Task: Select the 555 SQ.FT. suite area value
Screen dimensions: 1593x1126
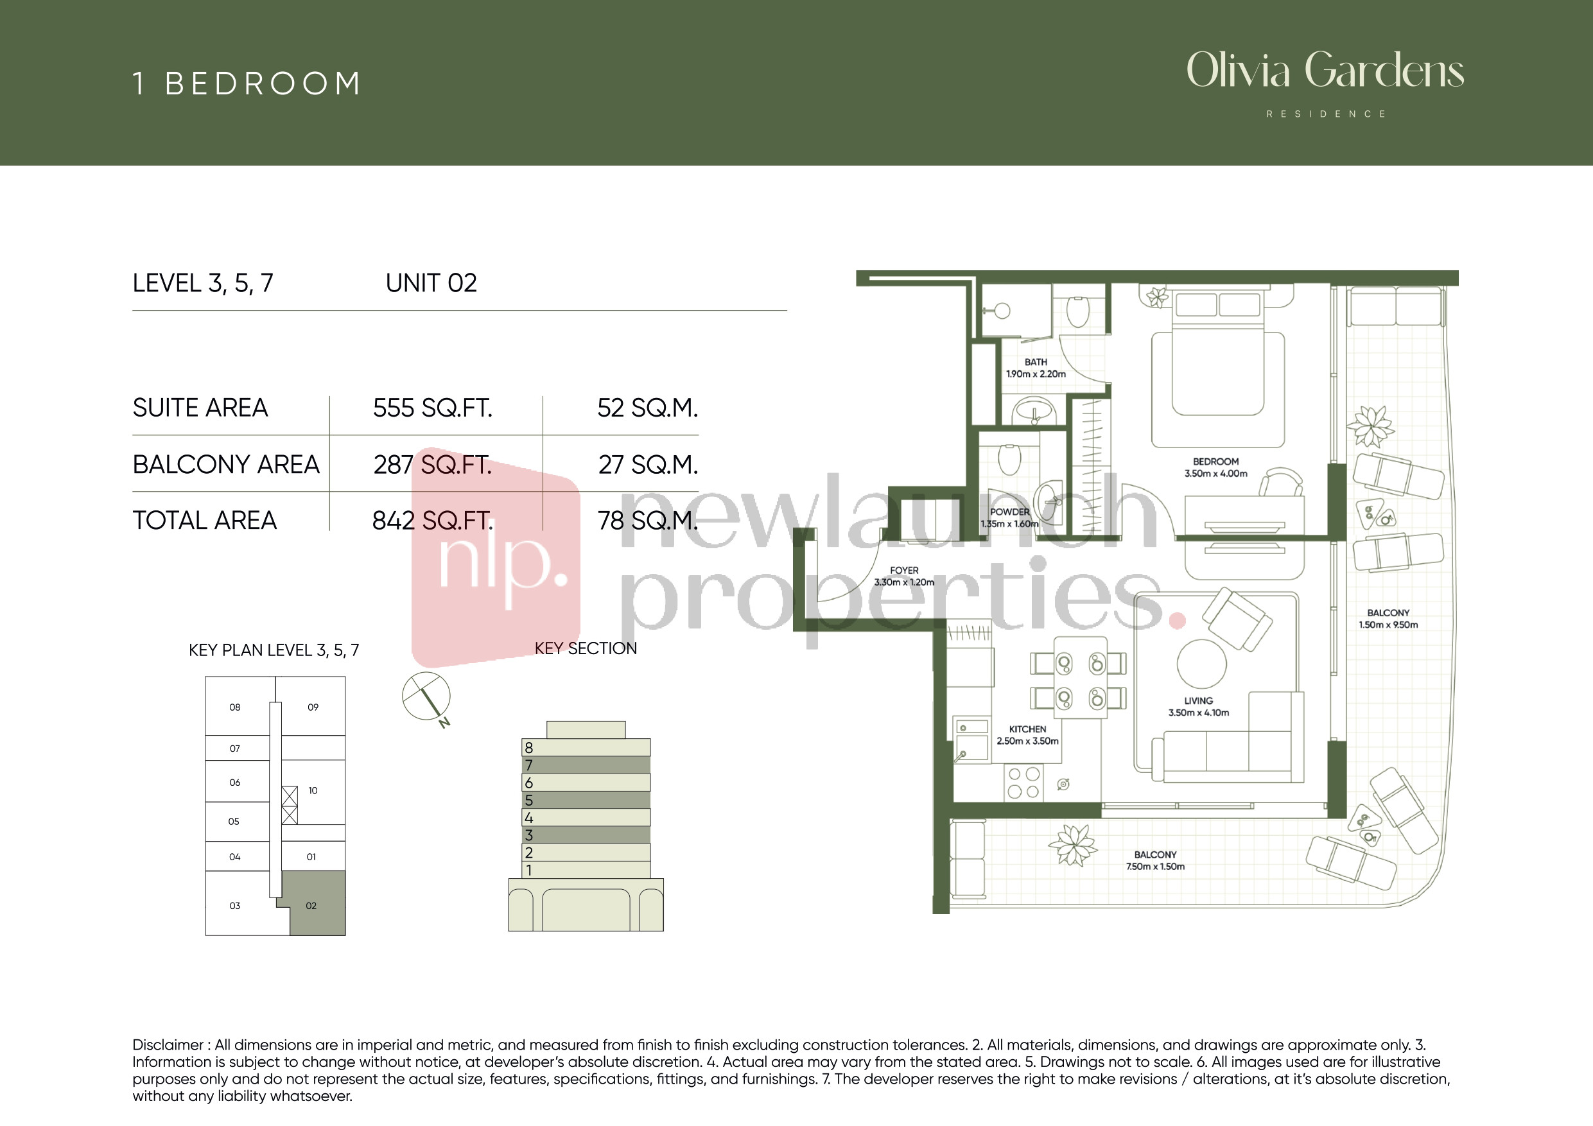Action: pos(433,408)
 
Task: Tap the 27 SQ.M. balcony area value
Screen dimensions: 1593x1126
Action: pos(648,465)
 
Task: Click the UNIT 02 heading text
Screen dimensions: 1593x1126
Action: pos(431,283)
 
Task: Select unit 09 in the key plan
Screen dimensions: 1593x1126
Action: pos(313,707)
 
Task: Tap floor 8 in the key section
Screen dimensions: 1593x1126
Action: pos(586,747)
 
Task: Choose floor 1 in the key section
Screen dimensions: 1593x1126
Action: pos(586,870)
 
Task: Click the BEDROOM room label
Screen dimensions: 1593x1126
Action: pos(1215,462)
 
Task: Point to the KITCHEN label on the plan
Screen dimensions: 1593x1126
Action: pos(1027,729)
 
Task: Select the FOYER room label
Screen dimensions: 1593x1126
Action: pos(904,570)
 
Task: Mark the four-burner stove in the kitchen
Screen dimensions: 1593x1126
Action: pos(1023,783)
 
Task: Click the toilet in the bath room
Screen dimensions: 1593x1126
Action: pos(1077,311)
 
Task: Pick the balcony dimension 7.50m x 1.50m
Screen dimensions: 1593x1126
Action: pos(1155,867)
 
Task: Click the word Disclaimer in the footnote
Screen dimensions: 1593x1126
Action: pos(167,1045)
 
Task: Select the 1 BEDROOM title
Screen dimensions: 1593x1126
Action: pos(247,84)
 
